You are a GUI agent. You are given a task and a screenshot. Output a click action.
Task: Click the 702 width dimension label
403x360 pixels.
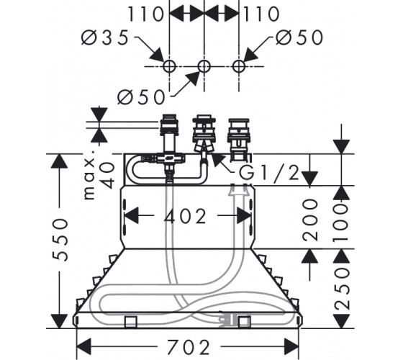point(189,347)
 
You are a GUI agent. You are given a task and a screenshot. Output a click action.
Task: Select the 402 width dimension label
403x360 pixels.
point(185,216)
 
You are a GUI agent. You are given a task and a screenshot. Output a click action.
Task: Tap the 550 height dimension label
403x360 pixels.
point(60,240)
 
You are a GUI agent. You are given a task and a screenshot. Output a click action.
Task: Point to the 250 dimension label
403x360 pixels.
point(342,288)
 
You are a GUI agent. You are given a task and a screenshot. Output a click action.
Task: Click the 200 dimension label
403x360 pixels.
point(310,220)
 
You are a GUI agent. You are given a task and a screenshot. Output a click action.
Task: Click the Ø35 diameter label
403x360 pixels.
point(104,37)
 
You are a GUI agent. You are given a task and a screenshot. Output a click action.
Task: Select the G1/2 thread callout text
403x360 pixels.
point(269,173)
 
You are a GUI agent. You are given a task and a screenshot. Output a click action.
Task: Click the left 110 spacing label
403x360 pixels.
point(145,14)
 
